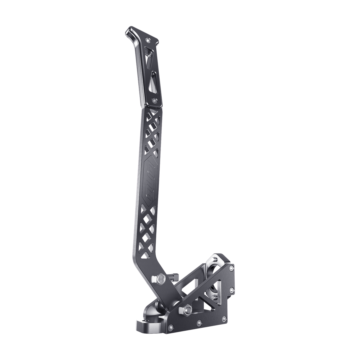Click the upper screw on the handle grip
click(148, 40)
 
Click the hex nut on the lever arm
click(160, 280)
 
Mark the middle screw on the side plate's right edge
click(232, 290)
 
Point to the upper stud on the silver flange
click(214, 257)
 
